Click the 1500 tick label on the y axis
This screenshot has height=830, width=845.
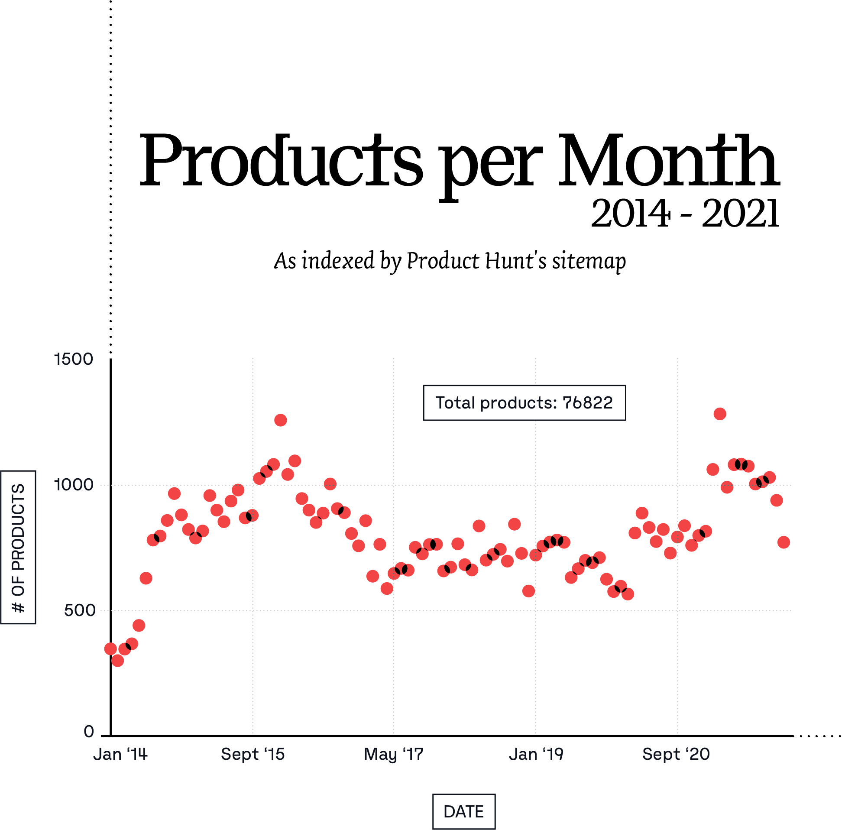[74, 360]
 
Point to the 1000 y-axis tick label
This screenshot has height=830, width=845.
[74, 485]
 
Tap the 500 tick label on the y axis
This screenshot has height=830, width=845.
[79, 610]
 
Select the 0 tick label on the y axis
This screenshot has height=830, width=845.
[89, 732]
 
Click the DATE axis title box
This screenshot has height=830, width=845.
[464, 812]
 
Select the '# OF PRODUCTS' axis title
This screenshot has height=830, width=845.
[18, 548]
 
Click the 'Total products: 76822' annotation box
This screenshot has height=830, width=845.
[524, 403]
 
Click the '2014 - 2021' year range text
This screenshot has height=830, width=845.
[685, 214]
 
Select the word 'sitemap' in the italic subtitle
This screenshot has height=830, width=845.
[589, 261]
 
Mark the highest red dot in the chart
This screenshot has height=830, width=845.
[720, 414]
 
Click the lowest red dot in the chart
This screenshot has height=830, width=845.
[118, 661]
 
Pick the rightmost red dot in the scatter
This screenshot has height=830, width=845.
[783, 542]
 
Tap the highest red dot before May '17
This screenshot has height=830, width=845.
[281, 420]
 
